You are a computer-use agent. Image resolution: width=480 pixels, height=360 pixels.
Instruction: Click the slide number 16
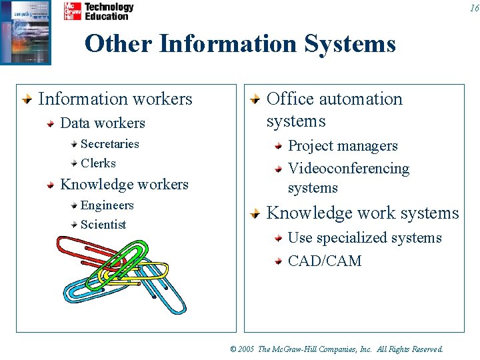point(474,8)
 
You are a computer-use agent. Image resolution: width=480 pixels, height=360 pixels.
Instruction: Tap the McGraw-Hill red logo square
point(73,11)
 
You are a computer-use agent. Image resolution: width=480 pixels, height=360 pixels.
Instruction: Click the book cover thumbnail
point(25,32)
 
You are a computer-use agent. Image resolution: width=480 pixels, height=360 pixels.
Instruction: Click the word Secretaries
point(110,144)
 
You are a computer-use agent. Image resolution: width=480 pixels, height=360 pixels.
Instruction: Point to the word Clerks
point(98,163)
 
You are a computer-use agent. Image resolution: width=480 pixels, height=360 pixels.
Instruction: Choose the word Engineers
point(107,205)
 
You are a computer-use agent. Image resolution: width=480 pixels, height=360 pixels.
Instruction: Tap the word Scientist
point(103,225)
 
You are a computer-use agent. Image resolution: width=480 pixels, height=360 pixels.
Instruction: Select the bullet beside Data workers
point(50,124)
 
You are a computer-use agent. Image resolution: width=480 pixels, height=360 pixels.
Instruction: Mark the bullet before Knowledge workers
point(50,185)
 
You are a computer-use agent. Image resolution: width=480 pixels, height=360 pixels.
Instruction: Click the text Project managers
point(342,146)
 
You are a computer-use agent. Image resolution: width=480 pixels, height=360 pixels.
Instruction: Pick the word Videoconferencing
point(348,169)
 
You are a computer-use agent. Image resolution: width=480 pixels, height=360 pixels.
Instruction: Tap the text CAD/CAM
point(324,261)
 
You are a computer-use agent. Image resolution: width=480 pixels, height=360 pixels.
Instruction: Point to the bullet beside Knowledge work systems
point(255,214)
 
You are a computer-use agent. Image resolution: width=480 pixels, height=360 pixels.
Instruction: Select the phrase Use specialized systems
point(364,238)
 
